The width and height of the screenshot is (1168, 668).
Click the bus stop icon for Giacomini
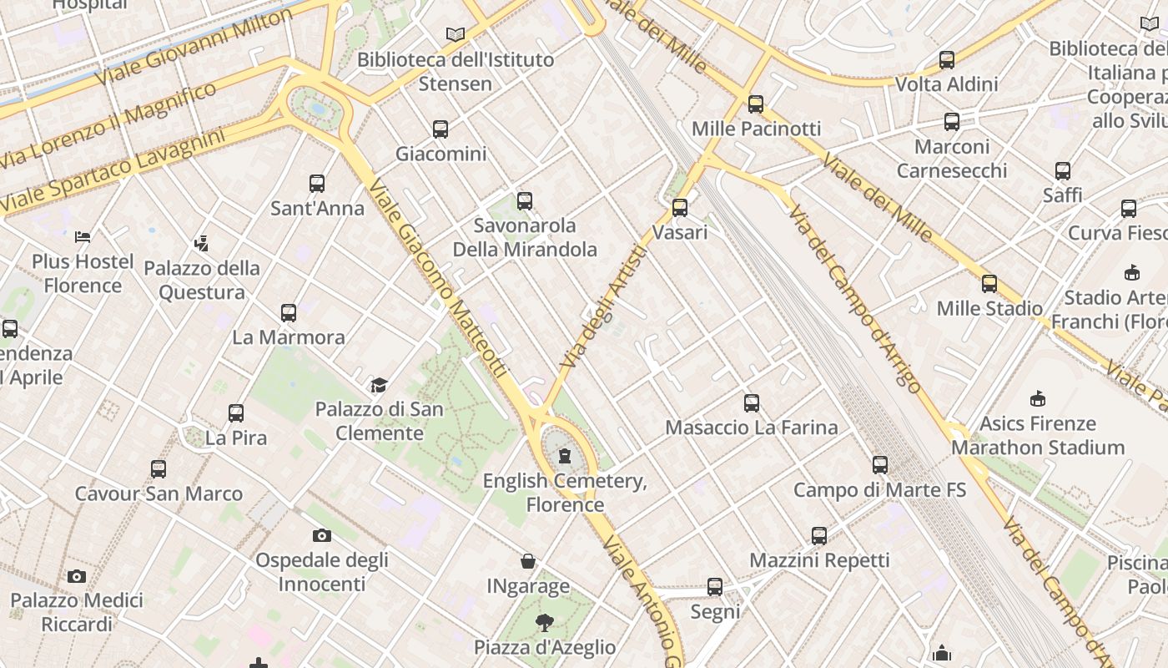pos(441,129)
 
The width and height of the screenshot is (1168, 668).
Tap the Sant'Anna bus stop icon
pos(317,184)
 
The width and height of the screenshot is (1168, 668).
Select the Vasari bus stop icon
pos(680,208)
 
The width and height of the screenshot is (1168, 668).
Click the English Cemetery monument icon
pos(565,456)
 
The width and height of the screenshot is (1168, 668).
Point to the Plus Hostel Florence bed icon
pos(82,237)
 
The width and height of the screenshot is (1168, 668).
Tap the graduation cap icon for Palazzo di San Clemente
pos(380,385)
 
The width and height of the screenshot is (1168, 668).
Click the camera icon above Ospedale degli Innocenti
pos(322,535)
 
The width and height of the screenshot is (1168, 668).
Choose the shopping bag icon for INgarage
pos(528,561)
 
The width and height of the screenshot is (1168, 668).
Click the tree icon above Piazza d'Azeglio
pos(545,622)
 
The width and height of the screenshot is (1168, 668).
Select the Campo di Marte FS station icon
pos(880,465)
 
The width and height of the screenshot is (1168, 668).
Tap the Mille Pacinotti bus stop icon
pos(756,104)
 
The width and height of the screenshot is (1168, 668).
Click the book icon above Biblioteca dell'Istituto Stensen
pos(455,35)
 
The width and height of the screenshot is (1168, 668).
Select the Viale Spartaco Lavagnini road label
pos(113,170)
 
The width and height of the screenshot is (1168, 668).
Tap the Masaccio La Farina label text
pos(751,428)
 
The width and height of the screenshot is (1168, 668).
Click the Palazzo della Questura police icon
pos(201,244)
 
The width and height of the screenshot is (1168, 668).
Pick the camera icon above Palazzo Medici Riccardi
pos(77,576)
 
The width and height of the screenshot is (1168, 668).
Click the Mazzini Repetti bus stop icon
pos(819,535)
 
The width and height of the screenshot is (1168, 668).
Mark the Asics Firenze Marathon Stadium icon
pos(1038,399)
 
